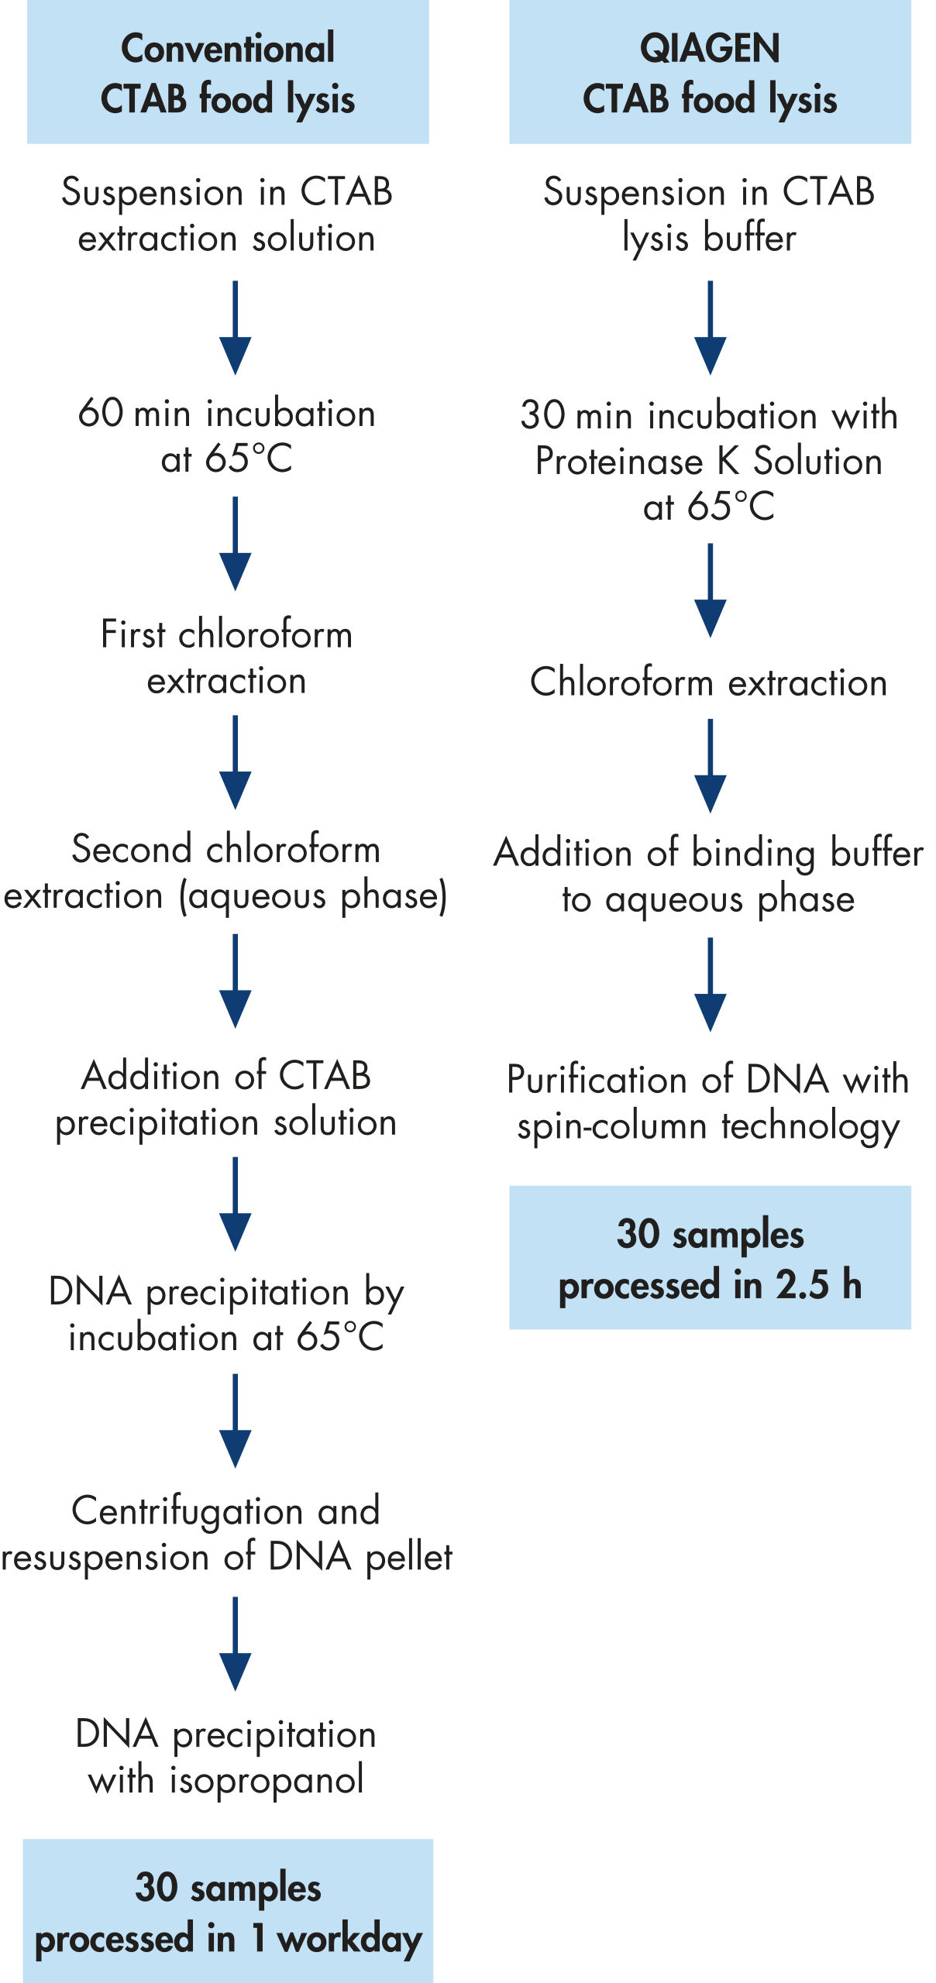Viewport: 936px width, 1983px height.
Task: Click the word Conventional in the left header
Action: point(228,48)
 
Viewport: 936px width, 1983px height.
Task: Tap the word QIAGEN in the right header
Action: point(710,48)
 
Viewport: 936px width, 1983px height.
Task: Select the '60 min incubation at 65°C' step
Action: point(227,435)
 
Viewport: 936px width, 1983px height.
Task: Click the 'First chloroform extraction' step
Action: point(227,658)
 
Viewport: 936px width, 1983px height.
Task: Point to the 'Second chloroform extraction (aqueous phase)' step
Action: point(226,873)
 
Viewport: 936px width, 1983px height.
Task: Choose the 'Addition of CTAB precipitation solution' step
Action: point(226,1099)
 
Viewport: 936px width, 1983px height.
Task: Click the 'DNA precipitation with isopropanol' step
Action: point(226,1757)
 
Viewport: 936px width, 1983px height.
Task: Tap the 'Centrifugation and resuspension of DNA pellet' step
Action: point(226,1535)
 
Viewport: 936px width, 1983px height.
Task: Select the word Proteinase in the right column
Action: point(619,462)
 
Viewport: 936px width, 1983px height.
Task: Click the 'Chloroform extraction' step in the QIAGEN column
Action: point(709,682)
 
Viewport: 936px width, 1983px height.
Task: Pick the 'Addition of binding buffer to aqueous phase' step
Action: point(709,876)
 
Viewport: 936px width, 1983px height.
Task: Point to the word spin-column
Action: point(612,1127)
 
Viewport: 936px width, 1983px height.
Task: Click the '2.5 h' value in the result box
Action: point(819,1284)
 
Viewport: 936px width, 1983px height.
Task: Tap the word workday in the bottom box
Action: point(349,1940)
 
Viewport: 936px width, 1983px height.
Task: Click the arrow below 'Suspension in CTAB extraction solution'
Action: point(235,328)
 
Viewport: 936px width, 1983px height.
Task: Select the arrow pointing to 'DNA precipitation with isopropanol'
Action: point(235,1644)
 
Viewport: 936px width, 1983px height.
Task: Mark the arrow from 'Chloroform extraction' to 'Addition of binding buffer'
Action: point(710,766)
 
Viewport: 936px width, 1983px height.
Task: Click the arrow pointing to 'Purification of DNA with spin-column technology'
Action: point(710,985)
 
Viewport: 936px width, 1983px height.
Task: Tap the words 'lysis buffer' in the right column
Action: point(709,239)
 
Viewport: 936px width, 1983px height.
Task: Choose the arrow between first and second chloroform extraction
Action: point(235,763)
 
